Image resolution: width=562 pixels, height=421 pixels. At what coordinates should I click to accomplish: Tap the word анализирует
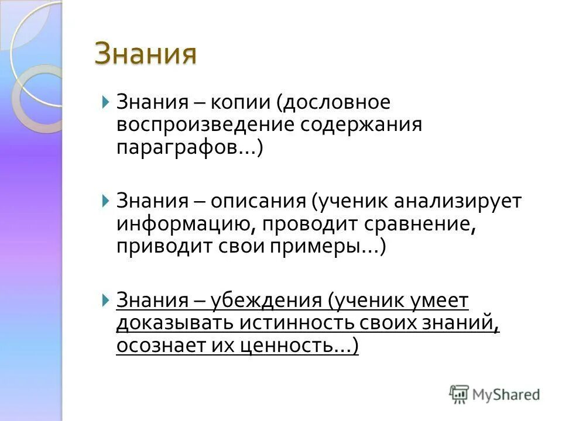(x=457, y=202)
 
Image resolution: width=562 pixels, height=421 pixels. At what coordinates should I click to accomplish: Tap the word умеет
(x=440, y=301)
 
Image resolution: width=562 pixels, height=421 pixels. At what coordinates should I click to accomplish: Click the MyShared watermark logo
(x=495, y=394)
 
